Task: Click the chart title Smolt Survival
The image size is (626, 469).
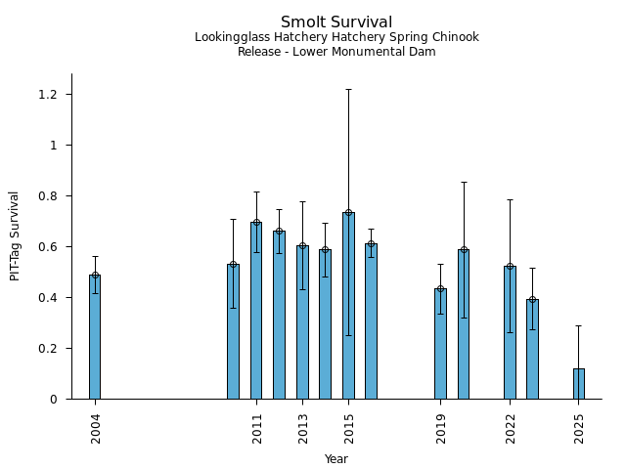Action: tap(336, 22)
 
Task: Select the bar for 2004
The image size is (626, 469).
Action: tap(95, 337)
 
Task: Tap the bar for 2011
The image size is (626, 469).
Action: tap(256, 311)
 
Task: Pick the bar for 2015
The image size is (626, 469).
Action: tap(348, 306)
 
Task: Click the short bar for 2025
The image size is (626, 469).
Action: tap(579, 384)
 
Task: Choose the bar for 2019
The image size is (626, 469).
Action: tap(440, 344)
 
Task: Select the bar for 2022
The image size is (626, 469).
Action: tap(510, 332)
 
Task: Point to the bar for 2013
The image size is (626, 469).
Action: tap(302, 322)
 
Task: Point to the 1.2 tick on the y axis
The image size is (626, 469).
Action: tap(48, 95)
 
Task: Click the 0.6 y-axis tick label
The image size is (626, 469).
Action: tap(48, 247)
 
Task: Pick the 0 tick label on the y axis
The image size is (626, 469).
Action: tap(54, 400)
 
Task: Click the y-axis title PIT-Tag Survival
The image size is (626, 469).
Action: tap(15, 235)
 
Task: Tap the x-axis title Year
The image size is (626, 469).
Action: tap(336, 459)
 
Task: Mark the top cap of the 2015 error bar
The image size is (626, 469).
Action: tap(348, 90)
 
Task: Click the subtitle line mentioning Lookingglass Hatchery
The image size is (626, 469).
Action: tap(336, 38)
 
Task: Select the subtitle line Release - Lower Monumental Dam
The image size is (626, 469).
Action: tap(336, 52)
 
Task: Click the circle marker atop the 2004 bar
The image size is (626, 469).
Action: tap(95, 275)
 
